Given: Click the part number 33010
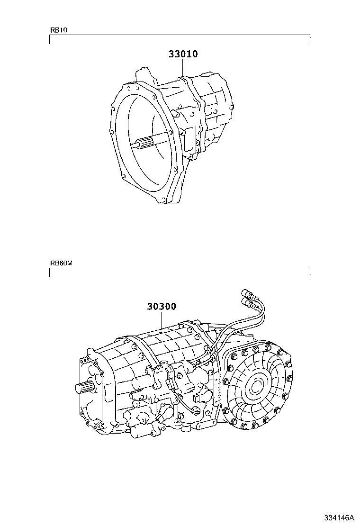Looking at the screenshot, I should (183, 55).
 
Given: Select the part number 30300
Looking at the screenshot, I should (161, 307).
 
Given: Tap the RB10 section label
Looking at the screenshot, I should (59, 30).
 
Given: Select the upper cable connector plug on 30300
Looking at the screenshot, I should (247, 292).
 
